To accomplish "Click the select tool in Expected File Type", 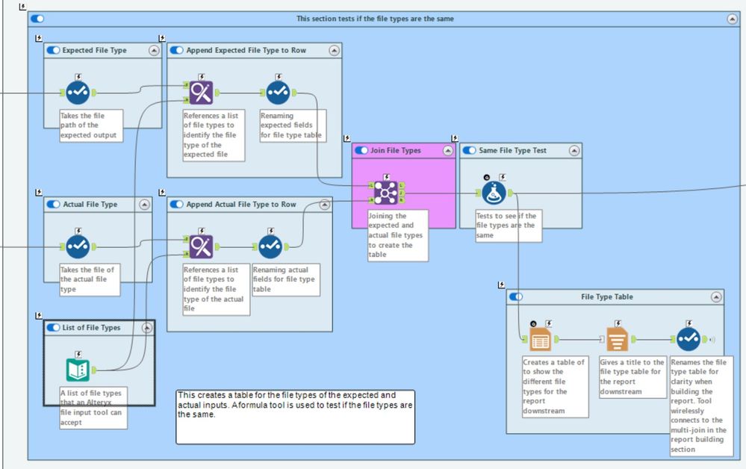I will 78,93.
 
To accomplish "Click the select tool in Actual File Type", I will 78,246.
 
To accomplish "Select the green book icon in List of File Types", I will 78,369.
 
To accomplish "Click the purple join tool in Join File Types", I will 385,193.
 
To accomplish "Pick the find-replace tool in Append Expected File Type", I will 201,93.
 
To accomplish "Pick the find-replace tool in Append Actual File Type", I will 201,246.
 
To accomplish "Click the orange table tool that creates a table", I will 541,339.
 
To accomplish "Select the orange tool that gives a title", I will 618,339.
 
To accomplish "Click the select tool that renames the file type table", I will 689,339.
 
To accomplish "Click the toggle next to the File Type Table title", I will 516,297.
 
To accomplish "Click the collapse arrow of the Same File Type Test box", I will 574,151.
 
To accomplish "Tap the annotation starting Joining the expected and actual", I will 398,234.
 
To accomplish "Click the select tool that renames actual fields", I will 270,246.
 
